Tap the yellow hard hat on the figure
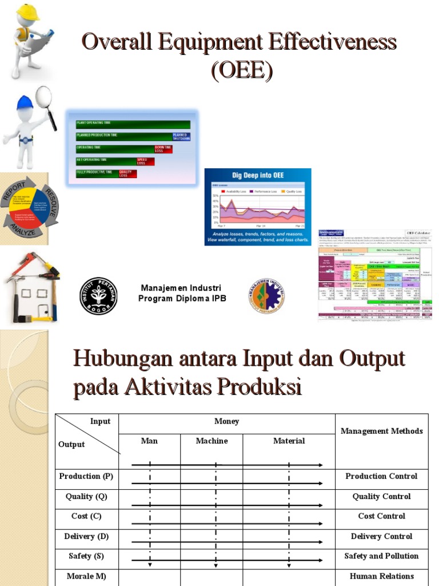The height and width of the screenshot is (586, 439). [27, 12]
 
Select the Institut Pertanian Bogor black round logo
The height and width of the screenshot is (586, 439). [98, 295]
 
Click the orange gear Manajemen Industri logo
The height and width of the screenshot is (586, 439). [266, 295]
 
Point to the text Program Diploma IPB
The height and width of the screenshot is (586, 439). [182, 299]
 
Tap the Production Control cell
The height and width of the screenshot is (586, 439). [381, 476]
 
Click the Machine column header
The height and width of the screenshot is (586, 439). [211, 441]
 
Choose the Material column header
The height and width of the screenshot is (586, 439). [289, 441]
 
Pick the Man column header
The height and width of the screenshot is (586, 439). [149, 441]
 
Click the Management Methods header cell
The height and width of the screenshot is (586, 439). [381, 431]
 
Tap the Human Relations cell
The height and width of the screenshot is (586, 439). [381, 576]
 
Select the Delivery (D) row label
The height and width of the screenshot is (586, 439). [86, 536]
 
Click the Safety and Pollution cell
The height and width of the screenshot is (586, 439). [381, 556]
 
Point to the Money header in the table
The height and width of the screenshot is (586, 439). [226, 421]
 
